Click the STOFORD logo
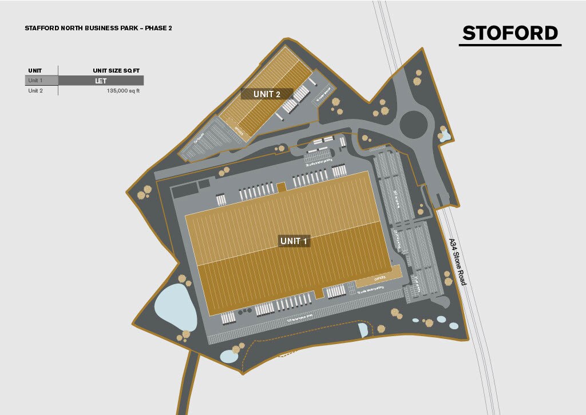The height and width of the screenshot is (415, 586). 510,33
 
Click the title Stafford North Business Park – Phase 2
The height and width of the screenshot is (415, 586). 98,27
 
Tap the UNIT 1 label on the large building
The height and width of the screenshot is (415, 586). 294,241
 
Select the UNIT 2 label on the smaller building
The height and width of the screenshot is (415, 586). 267,94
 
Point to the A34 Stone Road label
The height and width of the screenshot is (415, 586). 457,262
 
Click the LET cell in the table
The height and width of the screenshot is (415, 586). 101,81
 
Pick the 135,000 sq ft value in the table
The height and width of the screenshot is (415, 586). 123,90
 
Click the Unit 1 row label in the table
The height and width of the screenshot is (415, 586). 35,81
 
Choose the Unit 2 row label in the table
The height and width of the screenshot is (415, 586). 35,90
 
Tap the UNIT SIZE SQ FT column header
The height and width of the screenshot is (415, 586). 116,70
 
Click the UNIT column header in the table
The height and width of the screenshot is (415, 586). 34,70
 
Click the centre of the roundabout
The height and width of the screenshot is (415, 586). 414,123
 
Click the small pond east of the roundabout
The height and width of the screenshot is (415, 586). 445,136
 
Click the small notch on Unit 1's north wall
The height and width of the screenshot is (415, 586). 281,187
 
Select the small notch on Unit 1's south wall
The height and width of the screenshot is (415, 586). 319,294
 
